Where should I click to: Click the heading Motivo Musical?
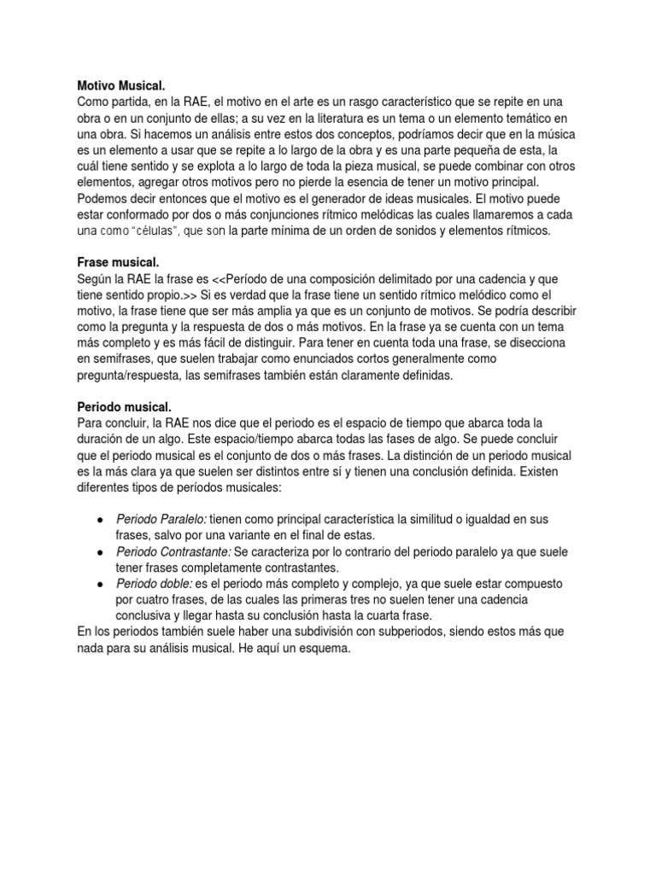point(114,84)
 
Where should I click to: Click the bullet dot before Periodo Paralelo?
point(101,519)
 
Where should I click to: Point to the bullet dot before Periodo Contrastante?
point(101,552)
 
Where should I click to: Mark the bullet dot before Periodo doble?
point(101,584)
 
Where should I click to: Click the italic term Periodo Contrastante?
point(174,552)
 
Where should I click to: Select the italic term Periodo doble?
point(155,584)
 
